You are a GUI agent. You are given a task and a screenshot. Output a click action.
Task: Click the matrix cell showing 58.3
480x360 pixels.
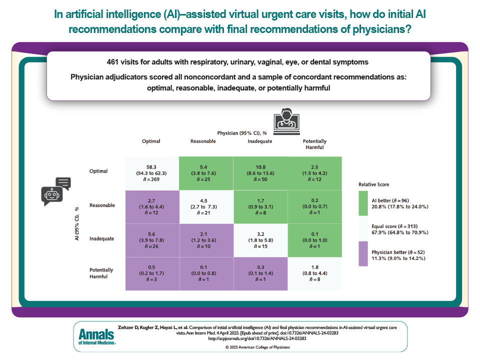coord(152,173)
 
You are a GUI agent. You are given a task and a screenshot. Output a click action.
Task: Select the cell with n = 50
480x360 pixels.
coord(260,173)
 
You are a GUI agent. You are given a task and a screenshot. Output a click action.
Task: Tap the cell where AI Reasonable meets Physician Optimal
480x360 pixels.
coord(152,207)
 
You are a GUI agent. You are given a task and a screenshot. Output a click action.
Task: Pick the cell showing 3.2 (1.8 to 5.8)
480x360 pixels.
coord(260,240)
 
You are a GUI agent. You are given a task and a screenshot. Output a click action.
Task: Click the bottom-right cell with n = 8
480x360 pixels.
coord(314,273)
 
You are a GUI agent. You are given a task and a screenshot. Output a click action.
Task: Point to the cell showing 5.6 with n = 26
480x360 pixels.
coord(152,240)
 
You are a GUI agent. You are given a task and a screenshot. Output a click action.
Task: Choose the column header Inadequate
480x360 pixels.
coord(260,141)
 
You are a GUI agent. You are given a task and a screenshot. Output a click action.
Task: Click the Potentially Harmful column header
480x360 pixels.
coord(314,144)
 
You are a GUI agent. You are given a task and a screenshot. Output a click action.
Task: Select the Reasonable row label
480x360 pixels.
coord(102,205)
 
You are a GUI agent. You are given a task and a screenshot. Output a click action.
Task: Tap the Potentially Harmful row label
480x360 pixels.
coord(101,273)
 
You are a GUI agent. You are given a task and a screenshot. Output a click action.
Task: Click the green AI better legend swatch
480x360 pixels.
coord(363,203)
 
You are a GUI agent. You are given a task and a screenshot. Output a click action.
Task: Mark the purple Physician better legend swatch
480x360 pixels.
coord(363,254)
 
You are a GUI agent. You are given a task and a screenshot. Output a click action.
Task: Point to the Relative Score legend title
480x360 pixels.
coord(374,184)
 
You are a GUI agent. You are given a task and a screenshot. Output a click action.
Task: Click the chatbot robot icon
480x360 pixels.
coord(55,191)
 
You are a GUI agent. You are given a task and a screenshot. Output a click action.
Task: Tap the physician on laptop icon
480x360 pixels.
coord(286,121)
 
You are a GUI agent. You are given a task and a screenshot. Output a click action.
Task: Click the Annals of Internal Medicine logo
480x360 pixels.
coord(97,336)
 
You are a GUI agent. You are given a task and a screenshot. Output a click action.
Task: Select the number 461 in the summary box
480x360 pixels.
coord(112,62)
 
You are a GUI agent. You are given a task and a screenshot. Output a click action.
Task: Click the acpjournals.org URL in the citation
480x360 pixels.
coord(257,338)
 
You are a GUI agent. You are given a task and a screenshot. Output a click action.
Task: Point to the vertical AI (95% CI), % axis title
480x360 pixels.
coord(77,224)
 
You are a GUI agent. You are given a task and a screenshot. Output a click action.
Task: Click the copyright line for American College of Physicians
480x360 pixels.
coord(257,347)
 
